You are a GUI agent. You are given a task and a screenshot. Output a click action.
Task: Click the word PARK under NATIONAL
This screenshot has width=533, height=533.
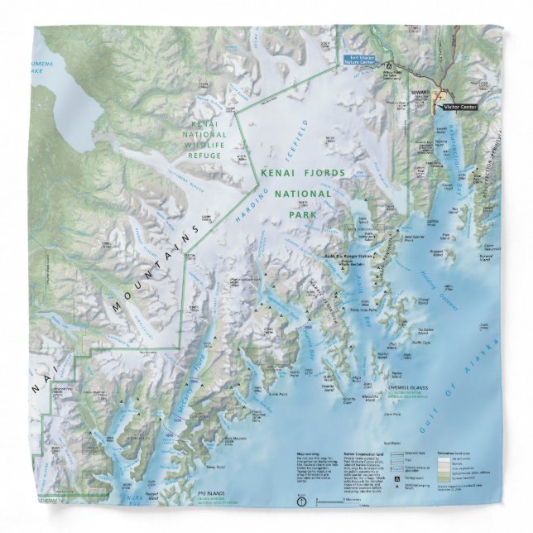pyautogui.click(x=303, y=214)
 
